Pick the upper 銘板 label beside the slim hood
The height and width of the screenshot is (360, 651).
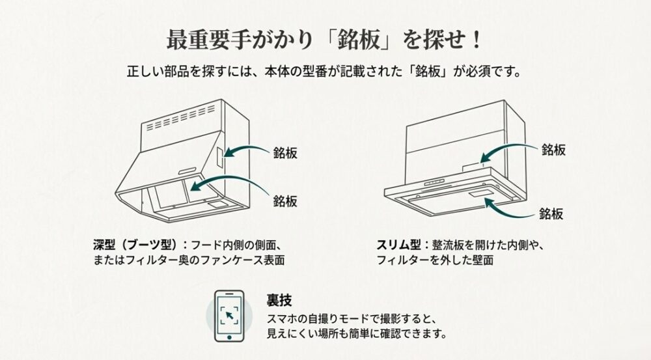[553, 150]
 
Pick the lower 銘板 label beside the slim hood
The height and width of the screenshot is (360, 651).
[551, 213]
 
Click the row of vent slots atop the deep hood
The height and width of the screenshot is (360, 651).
[179, 122]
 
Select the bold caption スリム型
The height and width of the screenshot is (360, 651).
[398, 245]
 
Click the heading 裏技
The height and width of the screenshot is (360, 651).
[279, 301]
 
